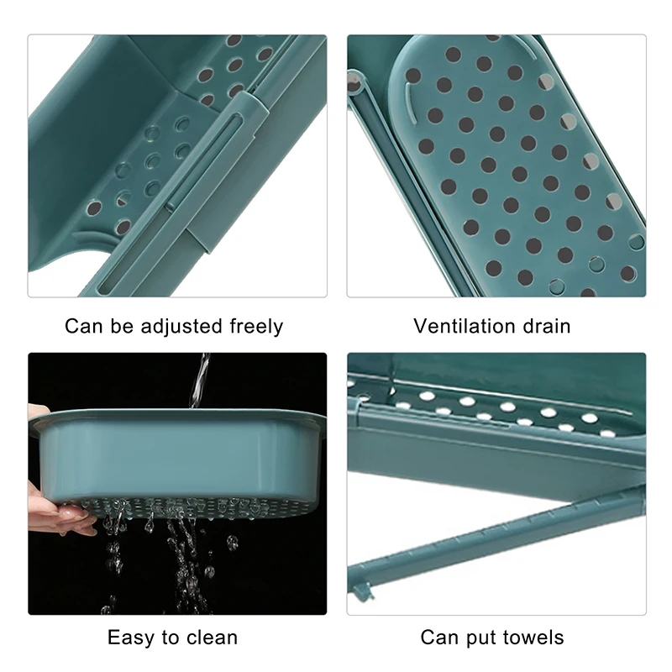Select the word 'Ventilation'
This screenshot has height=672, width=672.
[x=465, y=326]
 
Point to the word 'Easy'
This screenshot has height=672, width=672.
[x=129, y=638]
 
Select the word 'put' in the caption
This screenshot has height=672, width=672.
[x=482, y=638]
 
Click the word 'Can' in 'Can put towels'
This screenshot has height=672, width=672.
[x=439, y=638]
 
